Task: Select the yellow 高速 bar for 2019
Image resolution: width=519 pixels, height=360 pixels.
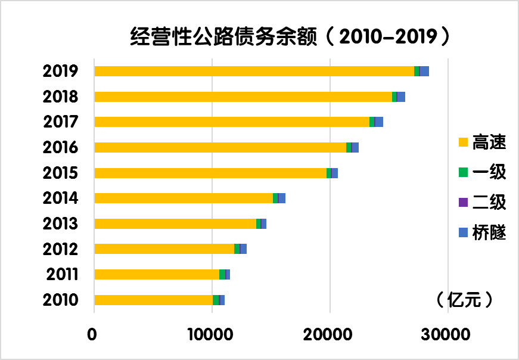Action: point(254,72)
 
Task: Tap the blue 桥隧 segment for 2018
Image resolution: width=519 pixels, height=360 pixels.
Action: point(401,97)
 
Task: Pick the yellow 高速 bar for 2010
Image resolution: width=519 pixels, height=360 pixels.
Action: point(153,300)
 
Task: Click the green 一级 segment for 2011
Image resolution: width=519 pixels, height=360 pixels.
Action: point(222,274)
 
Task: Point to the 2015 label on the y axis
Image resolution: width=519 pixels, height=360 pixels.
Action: point(61,173)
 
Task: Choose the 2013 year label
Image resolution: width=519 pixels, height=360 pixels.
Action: point(61,224)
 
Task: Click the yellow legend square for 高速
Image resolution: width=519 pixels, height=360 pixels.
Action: point(463,142)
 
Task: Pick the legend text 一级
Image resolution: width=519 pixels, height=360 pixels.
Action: point(489,172)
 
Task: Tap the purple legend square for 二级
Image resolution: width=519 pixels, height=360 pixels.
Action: point(463,202)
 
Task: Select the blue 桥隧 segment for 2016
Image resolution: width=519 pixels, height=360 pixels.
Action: point(355,147)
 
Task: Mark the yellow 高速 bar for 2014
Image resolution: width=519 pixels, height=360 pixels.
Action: point(184,198)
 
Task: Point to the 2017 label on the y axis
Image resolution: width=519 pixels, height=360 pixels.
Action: point(61,122)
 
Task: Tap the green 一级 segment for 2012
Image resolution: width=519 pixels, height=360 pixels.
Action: point(237,249)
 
